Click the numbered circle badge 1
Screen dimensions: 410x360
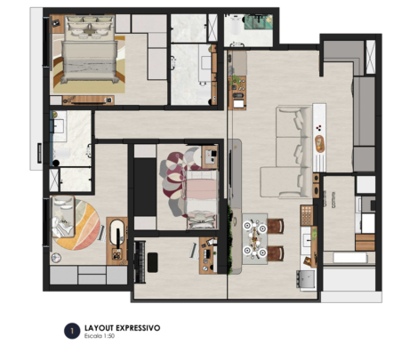tap(72, 331)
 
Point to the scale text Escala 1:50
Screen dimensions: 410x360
tap(100, 336)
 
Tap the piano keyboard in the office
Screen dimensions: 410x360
tap(140, 262)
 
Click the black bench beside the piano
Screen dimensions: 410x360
tap(152, 262)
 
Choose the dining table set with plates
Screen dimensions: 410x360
tap(254, 239)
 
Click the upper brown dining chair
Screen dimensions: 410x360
tap(276, 226)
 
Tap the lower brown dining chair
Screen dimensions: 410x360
tap(276, 253)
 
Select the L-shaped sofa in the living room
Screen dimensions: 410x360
tap(285, 152)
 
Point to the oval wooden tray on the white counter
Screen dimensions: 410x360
tap(319, 144)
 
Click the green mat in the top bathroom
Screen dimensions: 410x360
tap(258, 21)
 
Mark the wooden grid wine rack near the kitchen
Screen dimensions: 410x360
tap(307, 215)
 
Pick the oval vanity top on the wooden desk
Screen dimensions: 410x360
tap(117, 232)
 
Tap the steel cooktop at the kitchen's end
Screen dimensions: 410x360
tap(305, 279)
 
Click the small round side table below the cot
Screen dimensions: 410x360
tap(56, 258)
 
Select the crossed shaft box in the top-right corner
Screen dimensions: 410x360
tap(371, 57)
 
